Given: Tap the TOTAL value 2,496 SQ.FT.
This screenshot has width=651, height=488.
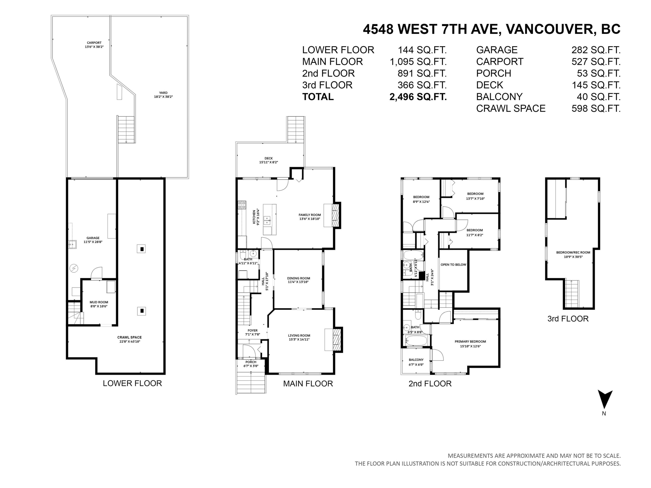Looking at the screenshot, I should (x=418, y=97).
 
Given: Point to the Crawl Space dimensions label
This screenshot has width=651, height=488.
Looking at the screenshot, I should (x=130, y=342).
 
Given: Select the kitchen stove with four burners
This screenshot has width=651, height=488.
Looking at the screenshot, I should (x=242, y=205).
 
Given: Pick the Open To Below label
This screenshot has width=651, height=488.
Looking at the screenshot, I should (x=453, y=264).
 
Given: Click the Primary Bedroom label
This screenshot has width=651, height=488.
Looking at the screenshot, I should (x=470, y=342).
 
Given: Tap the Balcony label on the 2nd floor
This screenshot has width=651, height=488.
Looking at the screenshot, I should (x=416, y=360).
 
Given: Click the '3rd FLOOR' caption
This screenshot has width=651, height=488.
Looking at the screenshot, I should (x=568, y=319).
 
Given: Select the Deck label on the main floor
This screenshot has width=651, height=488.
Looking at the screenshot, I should (x=268, y=158).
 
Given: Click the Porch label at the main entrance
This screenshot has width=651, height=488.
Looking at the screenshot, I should (x=251, y=362).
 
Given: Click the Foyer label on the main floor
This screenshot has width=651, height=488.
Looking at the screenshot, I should (x=253, y=330).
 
